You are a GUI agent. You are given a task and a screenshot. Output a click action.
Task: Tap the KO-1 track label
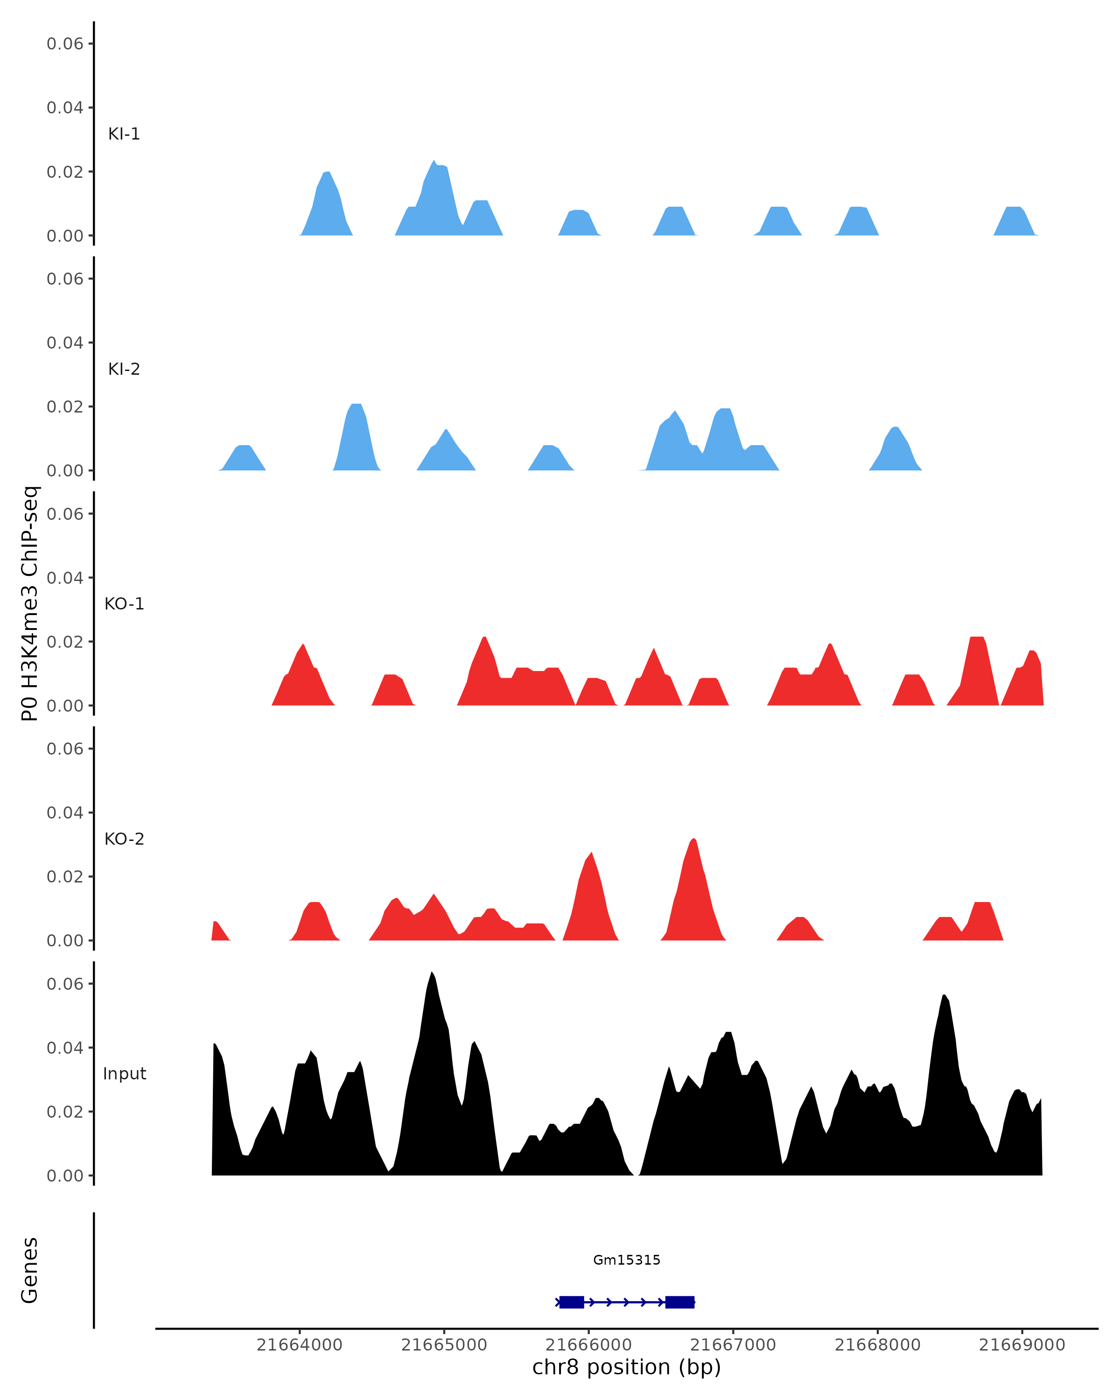coord(124,604)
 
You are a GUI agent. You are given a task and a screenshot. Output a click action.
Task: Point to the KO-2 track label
coord(124,839)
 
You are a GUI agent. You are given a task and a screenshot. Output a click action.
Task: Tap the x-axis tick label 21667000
coord(733,1345)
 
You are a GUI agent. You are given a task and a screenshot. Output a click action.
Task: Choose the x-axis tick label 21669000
coord(1022,1345)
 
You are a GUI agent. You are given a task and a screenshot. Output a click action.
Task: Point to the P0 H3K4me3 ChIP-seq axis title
coord(30,604)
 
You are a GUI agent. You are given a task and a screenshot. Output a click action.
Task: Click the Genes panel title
coord(30,1270)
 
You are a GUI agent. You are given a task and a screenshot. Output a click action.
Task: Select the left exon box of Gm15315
coord(571,1302)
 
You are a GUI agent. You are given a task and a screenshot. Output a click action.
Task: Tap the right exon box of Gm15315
coord(679,1302)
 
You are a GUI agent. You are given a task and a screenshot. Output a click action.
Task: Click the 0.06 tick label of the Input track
coord(65,984)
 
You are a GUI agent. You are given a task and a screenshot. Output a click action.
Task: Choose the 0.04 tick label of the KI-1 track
coord(65,108)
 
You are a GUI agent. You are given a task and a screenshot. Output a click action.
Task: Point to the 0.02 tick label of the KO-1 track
coord(65,642)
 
